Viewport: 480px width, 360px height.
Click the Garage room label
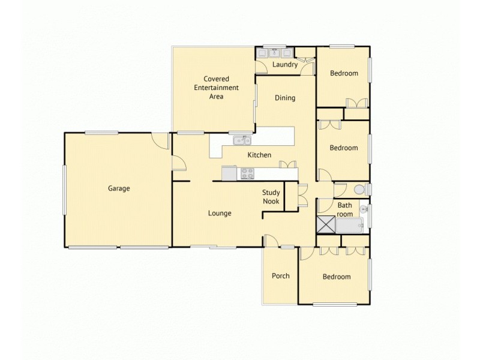[x=119, y=188]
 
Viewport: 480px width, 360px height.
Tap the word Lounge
[x=220, y=213]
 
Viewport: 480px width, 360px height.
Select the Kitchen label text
[x=260, y=155]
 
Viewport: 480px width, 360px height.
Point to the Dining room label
[x=285, y=98]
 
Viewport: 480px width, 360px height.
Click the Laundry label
[x=285, y=65]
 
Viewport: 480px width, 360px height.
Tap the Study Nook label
[x=271, y=197]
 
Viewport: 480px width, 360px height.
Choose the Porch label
[x=281, y=276]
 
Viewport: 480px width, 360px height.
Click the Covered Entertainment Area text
[x=216, y=88]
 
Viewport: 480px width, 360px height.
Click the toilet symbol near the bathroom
[x=359, y=190]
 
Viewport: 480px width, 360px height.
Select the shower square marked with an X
[x=326, y=225]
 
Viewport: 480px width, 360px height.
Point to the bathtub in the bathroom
[x=349, y=226]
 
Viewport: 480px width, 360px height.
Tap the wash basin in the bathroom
[x=364, y=209]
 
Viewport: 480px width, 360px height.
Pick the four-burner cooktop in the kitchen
[x=247, y=173]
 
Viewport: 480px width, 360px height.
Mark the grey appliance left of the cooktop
[x=230, y=173]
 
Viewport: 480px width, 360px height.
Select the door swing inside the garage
[x=160, y=140]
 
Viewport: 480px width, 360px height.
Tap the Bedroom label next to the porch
[x=336, y=277]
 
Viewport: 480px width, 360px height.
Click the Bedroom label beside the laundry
[x=344, y=74]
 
